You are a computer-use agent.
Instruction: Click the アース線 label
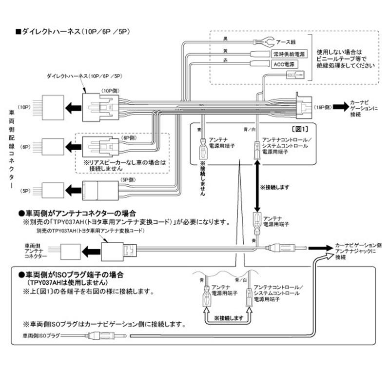287,42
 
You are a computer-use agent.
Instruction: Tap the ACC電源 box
283,64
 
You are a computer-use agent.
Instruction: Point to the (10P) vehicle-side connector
51,107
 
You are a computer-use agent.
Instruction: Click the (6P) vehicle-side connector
51,146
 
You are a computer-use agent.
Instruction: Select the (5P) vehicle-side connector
51,190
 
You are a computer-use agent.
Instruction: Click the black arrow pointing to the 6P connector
73,146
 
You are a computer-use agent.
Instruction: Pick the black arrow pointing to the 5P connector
73,190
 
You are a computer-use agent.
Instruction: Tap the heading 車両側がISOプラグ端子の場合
71,274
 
